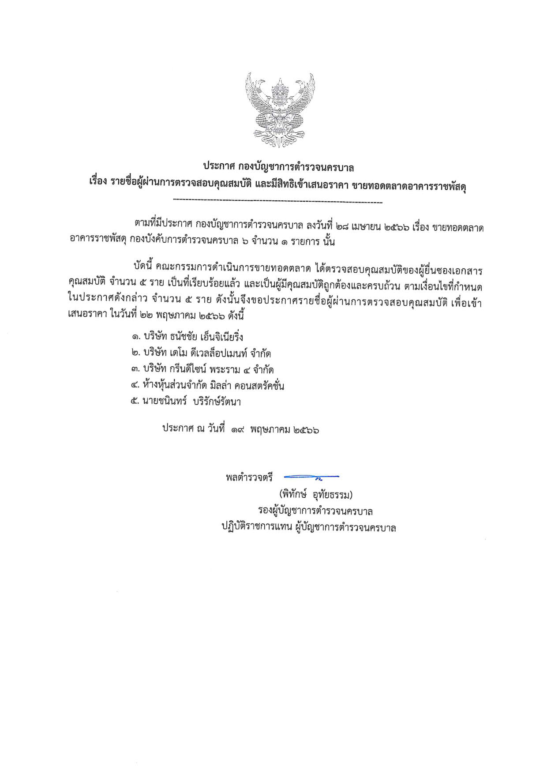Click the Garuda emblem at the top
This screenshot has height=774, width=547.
coord(280,111)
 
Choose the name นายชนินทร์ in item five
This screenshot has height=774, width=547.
coord(164,402)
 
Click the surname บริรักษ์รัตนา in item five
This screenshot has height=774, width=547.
coord(217,402)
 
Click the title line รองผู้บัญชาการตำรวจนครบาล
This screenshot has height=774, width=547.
coord(315,511)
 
